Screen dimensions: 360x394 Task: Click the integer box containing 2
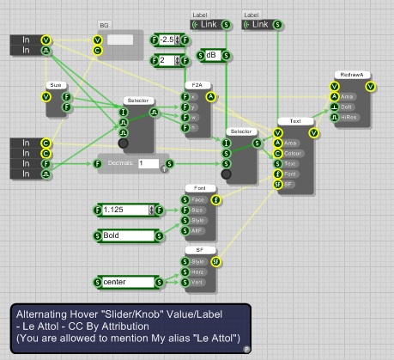(165, 60)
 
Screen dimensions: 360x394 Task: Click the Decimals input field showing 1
(147, 162)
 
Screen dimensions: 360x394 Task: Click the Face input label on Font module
(197, 199)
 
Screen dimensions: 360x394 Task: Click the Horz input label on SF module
(197, 271)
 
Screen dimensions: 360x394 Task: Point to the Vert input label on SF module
(197, 280)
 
